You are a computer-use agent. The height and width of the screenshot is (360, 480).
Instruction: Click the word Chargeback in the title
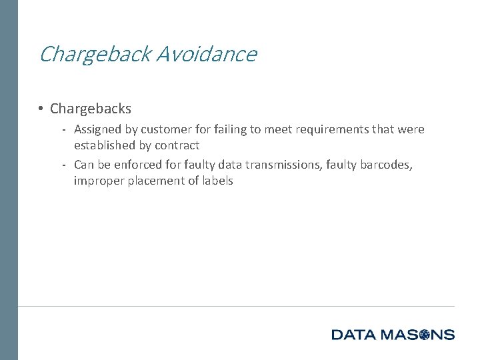pos(95,54)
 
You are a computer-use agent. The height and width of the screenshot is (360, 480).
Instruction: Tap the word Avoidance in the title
pos(207,53)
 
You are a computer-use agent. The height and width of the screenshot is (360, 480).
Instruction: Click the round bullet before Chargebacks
pos(41,108)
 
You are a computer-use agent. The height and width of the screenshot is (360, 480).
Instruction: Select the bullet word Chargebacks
pos(91,108)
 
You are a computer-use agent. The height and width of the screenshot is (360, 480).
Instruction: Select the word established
pos(105,145)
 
